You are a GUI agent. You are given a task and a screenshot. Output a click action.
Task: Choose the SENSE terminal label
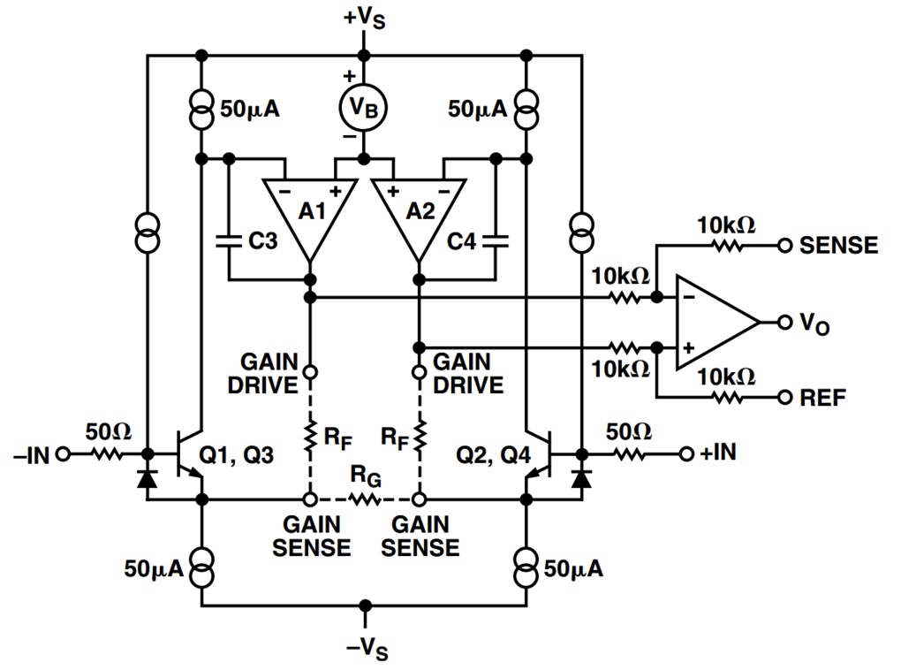pos(838,245)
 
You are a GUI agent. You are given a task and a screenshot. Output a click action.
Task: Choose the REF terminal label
pos(823,398)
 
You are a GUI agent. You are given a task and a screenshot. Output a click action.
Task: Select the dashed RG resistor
pos(364,499)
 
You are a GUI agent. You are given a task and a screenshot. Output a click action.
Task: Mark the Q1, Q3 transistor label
pos(237,455)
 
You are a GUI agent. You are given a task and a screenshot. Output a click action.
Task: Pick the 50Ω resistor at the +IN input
pos(629,454)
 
